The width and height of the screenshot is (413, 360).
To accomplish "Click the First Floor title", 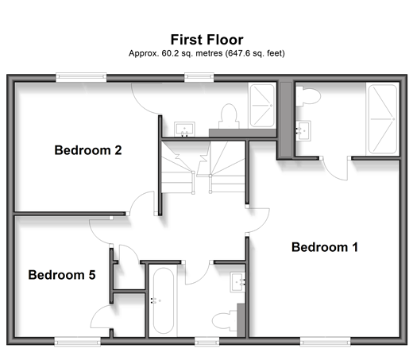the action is coord(206,40).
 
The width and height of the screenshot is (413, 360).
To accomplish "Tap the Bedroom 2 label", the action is coord(88,150).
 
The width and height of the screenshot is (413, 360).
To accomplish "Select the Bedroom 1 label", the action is coord(325,247).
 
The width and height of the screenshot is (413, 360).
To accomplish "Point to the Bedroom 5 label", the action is coord(62,275).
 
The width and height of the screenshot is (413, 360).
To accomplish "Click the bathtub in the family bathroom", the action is coord(164,300).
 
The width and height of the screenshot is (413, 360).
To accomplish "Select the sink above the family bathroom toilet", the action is coord(237,282).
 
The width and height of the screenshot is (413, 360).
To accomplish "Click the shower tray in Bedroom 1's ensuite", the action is coord(383,119).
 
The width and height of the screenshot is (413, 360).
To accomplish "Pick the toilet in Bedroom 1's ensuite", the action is coord(308,96).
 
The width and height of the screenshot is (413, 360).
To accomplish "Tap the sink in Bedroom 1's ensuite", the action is coord(303,131).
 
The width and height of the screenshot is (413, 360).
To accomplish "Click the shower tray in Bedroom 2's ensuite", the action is coord(262,106).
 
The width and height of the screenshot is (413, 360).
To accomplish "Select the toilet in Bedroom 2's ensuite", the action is coord(229,116).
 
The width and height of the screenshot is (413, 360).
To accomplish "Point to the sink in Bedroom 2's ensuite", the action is coord(184,129).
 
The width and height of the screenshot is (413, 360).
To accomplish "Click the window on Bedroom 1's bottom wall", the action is coord(326,342).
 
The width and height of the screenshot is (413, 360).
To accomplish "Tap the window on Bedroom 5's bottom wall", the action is coord(78,342).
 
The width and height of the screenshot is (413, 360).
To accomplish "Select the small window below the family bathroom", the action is coord(207,342).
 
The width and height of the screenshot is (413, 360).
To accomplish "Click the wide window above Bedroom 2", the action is coord(81,77).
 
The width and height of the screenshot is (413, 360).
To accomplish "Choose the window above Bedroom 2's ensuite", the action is coord(199,77).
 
